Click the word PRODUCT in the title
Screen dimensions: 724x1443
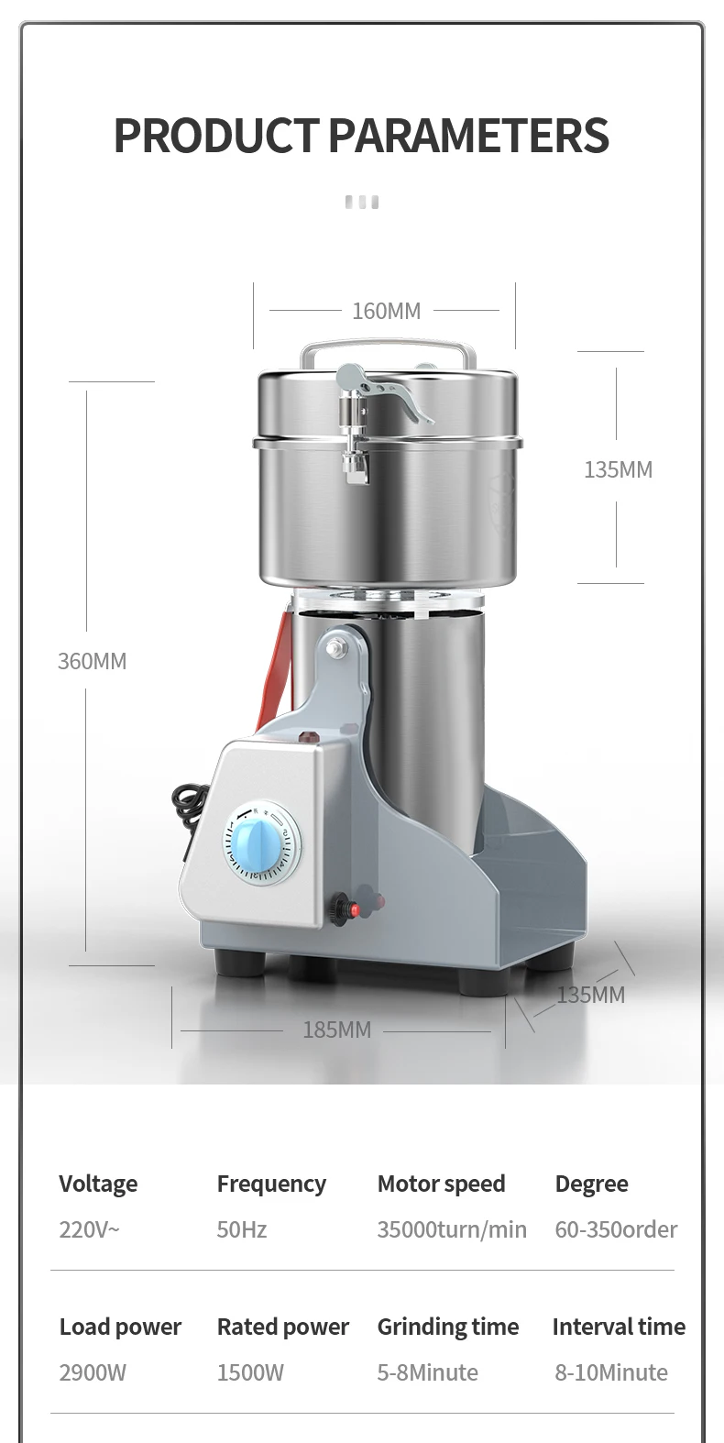pos(216,136)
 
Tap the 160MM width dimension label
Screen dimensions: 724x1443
pos(387,311)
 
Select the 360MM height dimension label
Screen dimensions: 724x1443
pos(93,661)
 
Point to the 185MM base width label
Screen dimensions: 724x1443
pos(337,1030)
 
